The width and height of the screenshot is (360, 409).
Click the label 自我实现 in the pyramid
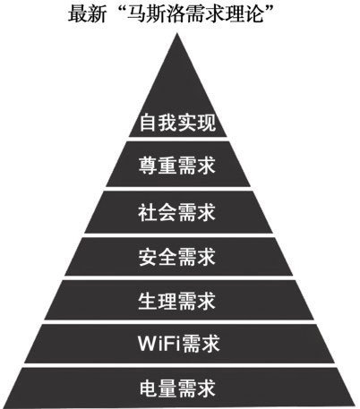[x=177, y=122]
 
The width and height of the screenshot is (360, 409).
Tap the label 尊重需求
[x=177, y=166]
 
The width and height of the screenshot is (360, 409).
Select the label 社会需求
[x=177, y=212]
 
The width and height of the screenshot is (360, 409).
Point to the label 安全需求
[x=177, y=257]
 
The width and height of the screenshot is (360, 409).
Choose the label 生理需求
[x=177, y=301]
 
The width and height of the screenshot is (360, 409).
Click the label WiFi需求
[x=179, y=344]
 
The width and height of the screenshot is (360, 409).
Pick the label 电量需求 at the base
[x=177, y=388]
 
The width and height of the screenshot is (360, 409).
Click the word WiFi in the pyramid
[x=159, y=344]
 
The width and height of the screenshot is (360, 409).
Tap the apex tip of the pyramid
[x=177, y=33]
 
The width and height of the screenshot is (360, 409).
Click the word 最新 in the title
[x=87, y=13]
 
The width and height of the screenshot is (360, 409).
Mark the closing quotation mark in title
[x=270, y=10]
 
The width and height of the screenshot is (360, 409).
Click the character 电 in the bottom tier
[x=149, y=388]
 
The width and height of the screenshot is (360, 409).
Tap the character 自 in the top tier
[x=149, y=122]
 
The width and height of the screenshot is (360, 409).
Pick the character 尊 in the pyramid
[x=148, y=166]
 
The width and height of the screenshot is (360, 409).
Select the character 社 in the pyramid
[x=148, y=212]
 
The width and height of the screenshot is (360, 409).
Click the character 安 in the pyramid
[x=148, y=257]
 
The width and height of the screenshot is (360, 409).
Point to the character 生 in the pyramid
[x=148, y=301]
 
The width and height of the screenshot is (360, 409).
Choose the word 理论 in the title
[x=244, y=13]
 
